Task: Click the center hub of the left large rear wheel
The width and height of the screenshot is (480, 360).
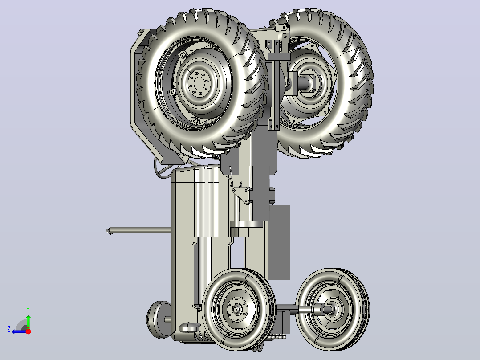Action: click(x=199, y=83)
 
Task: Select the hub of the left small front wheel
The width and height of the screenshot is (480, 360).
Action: click(x=236, y=309)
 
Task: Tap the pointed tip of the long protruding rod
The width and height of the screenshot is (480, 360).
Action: click(x=106, y=231)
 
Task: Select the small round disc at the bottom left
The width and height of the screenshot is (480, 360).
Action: click(x=158, y=319)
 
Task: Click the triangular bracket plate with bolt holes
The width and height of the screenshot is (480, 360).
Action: click(x=242, y=195)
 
